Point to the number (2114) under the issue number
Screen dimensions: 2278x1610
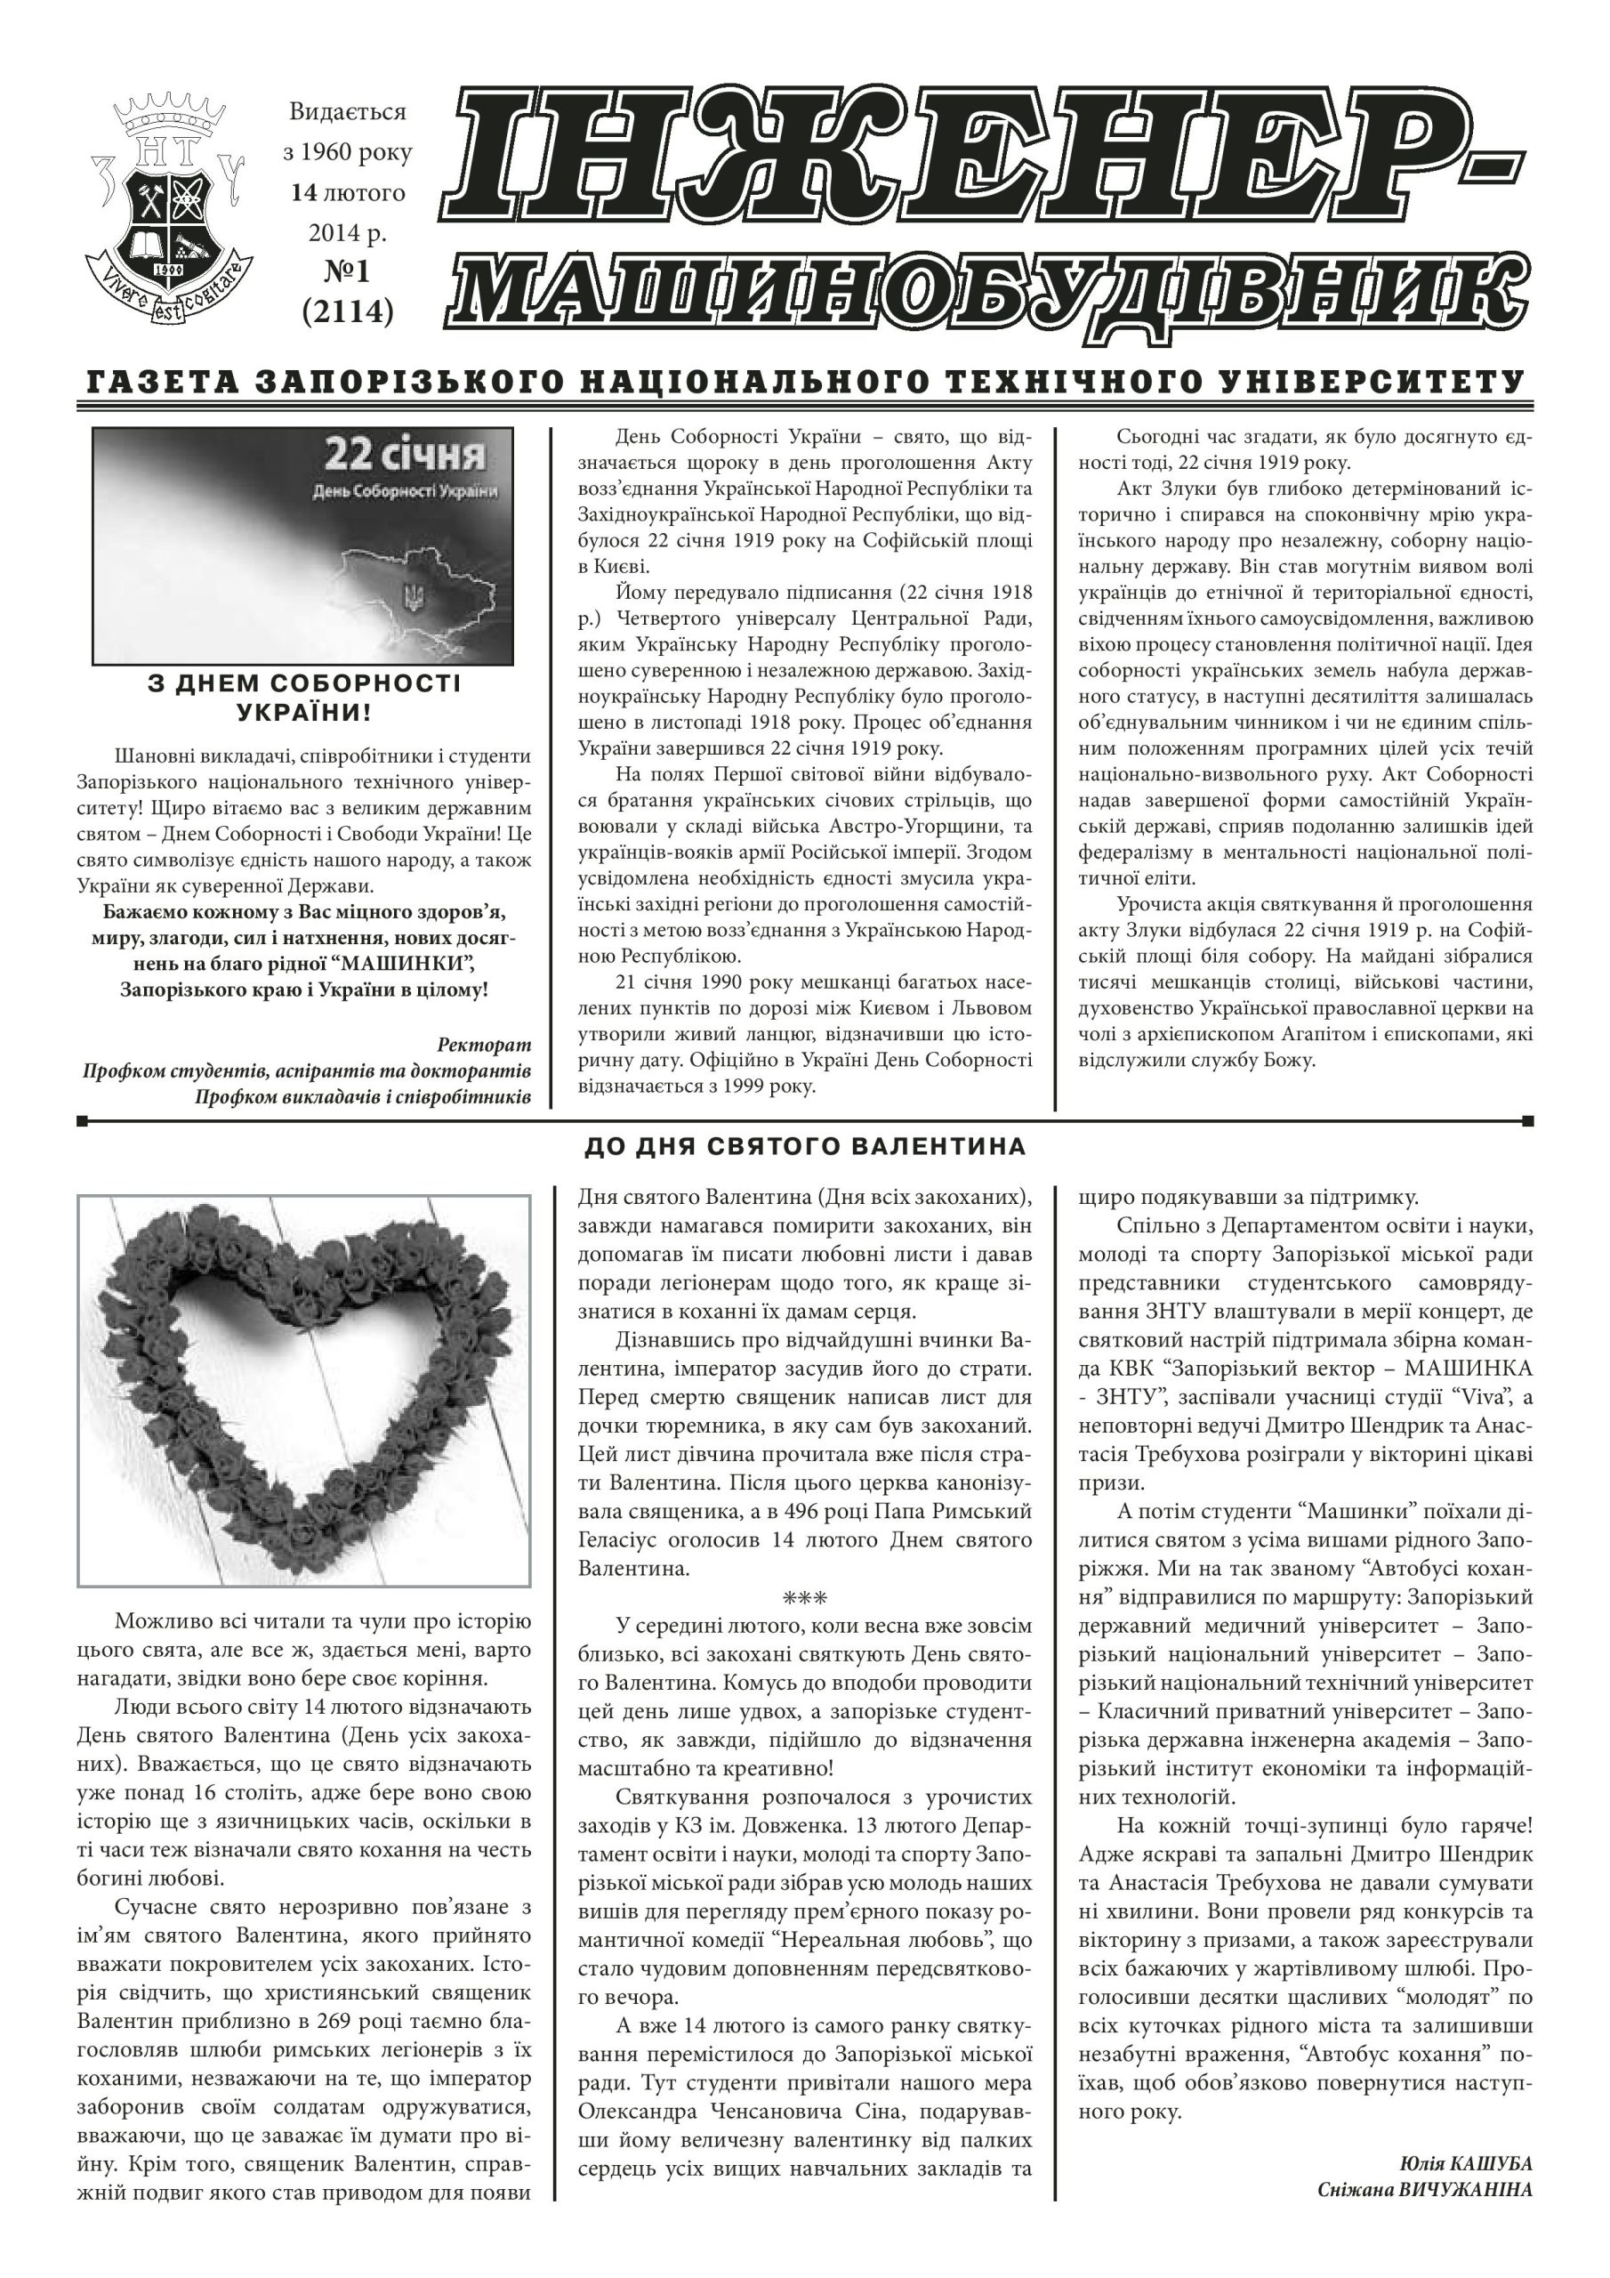348,311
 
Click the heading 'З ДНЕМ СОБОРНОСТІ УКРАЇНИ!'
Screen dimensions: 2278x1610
303,698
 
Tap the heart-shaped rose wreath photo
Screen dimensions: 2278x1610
303,1389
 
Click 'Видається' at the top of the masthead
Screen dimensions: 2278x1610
347,112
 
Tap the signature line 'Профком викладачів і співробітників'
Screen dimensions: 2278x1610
362,1096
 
